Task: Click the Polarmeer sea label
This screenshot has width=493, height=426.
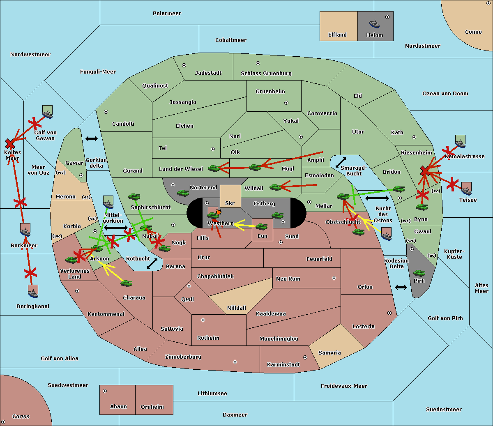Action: tap(167, 14)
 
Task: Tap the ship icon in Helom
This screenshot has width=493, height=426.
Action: tap(374, 24)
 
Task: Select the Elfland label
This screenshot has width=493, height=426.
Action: tap(337, 35)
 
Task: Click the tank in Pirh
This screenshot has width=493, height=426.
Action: tap(419, 273)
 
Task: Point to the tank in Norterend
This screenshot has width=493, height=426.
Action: tap(183, 193)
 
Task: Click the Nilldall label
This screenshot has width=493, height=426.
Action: tap(236, 308)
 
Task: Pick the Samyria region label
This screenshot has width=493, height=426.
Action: tap(329, 353)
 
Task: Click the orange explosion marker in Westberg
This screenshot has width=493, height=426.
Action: tap(219, 212)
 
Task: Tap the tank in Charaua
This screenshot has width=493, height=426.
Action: tap(126, 283)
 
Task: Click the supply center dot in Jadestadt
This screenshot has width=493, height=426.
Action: tap(184, 65)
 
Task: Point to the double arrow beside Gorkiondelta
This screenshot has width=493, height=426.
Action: tap(92, 138)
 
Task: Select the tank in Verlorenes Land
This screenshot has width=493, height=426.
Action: tap(71, 260)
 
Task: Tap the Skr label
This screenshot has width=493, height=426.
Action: tap(230, 203)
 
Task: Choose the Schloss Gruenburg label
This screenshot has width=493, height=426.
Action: tap(266, 74)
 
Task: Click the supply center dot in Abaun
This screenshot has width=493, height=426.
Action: tap(104, 391)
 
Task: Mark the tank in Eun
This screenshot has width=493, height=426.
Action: tap(261, 226)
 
